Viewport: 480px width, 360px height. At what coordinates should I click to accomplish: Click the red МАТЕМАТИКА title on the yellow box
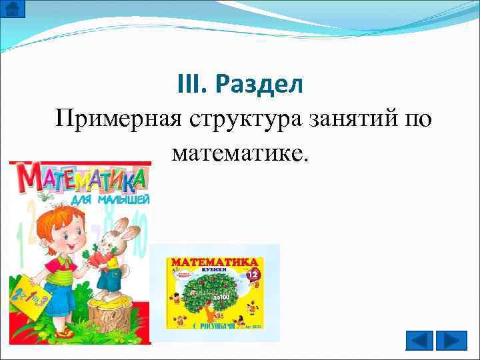click(x=215, y=263)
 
